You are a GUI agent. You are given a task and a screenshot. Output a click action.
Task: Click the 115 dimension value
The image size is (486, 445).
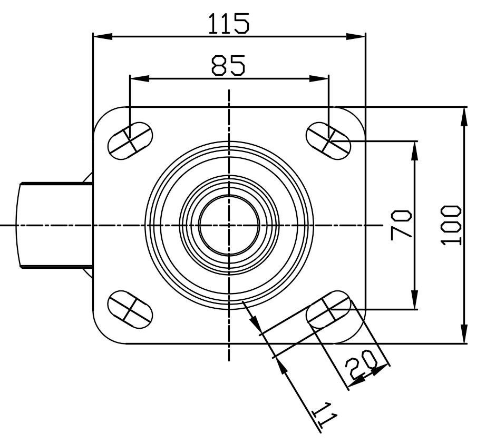point(228,24)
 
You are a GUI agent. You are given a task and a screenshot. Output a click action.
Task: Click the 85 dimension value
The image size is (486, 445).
point(228,65)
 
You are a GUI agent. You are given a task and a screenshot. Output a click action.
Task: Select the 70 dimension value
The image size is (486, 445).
point(402,225)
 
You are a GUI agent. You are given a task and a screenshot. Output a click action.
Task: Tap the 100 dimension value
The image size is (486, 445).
point(452,225)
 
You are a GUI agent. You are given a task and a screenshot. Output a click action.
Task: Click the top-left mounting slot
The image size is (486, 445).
point(130,140)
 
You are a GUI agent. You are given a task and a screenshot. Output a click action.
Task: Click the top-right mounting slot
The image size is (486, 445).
point(328,140)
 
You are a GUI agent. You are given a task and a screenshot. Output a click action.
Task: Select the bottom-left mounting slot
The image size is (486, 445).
point(130,307)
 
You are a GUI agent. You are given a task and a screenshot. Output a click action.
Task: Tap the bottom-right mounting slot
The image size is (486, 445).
point(328,310)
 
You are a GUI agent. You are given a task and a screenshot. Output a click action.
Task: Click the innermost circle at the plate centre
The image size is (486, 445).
point(229,224)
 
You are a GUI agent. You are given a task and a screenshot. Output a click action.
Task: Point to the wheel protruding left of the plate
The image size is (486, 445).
point(53,225)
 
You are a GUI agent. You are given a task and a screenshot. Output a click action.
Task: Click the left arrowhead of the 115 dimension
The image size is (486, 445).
point(102,37)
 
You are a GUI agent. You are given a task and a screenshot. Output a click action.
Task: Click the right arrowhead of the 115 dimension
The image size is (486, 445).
point(356,37)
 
